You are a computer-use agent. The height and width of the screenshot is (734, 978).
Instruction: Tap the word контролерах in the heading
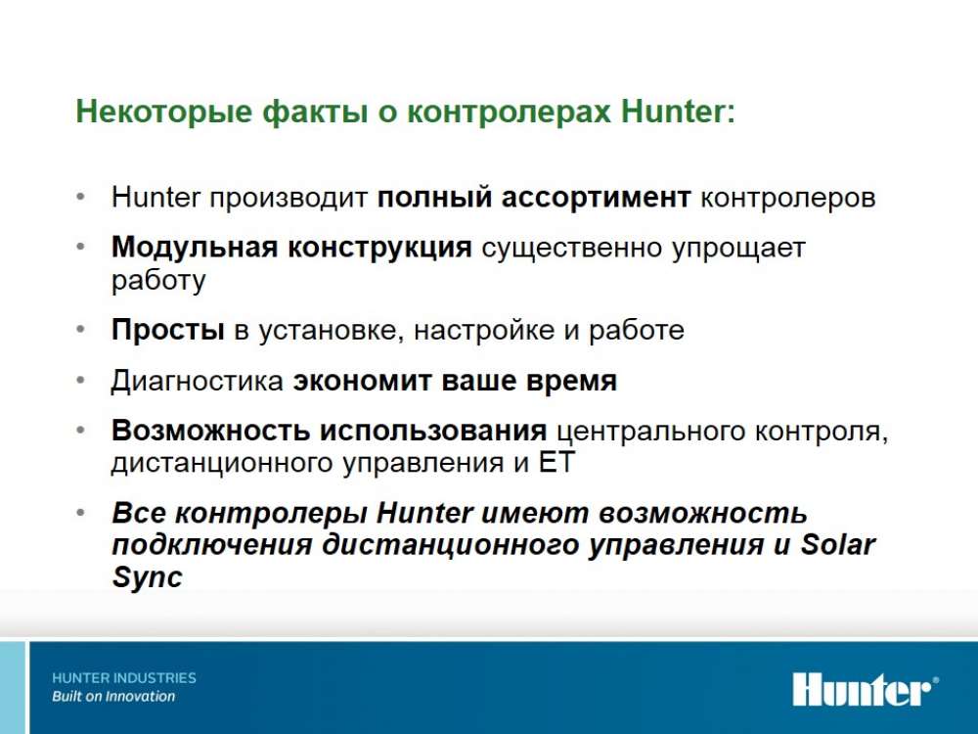509,113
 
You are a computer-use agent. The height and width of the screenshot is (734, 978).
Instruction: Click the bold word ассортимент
597,198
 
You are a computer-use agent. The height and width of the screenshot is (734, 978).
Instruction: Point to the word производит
289,199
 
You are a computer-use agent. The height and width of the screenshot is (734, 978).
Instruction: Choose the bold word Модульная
194,248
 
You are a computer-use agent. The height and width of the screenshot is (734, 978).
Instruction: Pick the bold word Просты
168,330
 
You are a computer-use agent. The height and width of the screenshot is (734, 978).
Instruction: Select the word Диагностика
198,382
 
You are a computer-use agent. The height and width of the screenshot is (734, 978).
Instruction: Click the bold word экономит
362,381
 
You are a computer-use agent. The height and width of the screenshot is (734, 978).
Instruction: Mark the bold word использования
433,431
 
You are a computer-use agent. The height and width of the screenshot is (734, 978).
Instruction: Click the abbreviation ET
556,463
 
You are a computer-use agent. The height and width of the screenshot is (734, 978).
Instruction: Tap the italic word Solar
838,544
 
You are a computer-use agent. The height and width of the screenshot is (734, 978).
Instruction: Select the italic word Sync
148,576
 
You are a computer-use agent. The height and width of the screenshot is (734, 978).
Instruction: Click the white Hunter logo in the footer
866,689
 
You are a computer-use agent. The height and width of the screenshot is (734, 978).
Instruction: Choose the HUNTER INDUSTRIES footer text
124,678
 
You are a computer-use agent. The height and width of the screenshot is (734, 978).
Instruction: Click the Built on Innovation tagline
113,697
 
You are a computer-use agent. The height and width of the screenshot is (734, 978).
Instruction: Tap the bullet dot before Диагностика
80,380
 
